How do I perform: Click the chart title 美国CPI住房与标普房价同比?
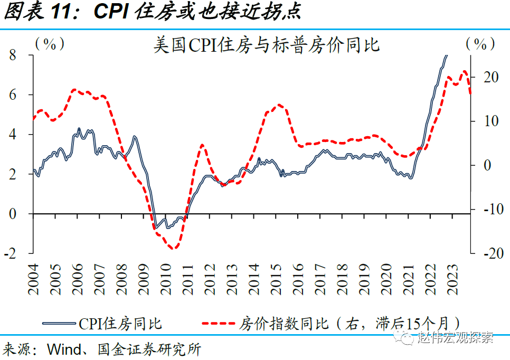click(266, 45)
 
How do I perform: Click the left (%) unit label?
click(50, 44)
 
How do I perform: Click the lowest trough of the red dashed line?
click(173, 248)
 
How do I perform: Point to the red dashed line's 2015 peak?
click(279, 105)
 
